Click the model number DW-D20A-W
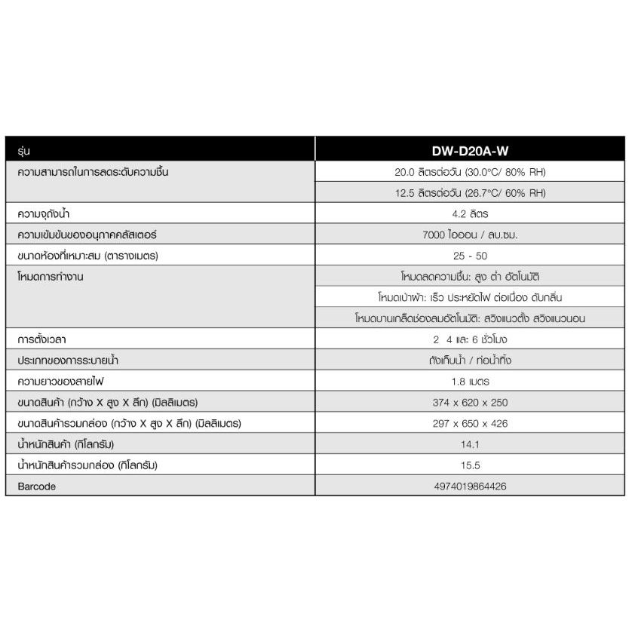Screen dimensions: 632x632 471,151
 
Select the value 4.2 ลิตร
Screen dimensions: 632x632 471,214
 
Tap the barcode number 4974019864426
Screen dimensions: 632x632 471,486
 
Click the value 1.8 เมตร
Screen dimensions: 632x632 471,382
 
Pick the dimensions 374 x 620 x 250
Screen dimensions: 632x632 471,403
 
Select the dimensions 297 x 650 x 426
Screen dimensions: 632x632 471,424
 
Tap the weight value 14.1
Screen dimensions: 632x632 471,444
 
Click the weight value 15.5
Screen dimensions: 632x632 471,465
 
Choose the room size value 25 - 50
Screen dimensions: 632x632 471,256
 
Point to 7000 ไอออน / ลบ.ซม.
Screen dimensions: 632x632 471,235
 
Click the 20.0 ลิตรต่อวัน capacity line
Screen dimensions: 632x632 471,172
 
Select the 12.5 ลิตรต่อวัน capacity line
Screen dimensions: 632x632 471,193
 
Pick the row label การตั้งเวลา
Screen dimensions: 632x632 47,339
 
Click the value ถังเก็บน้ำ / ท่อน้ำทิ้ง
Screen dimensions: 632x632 471,360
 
